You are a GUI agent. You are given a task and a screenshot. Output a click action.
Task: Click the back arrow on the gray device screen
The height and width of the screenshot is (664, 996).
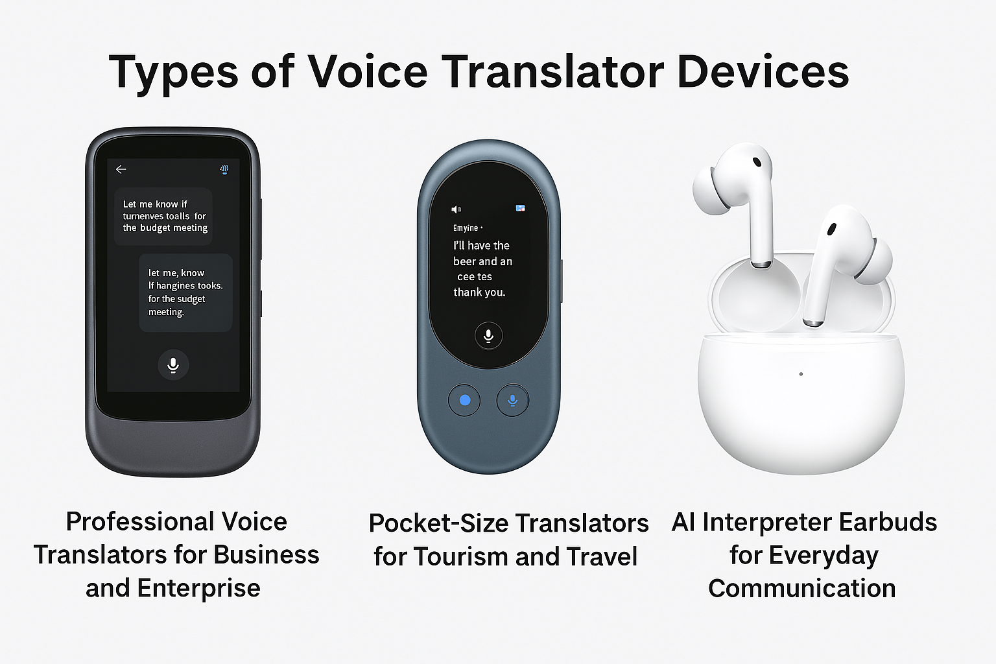(121, 169)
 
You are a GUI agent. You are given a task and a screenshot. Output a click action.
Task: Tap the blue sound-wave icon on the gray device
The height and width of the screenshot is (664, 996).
(224, 169)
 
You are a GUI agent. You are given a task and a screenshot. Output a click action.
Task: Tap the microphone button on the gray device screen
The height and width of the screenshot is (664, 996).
(173, 364)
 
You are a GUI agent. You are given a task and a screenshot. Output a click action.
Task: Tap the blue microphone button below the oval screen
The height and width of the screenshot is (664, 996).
(512, 400)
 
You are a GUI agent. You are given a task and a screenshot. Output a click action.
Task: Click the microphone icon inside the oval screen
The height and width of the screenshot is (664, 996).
(488, 335)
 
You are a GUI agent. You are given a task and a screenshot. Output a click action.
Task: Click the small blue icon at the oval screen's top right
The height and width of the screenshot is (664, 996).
(520, 208)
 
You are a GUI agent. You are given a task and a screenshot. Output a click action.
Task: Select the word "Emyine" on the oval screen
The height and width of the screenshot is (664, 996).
(466, 228)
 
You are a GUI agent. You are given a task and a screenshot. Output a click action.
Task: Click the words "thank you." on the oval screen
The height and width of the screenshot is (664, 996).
(479, 292)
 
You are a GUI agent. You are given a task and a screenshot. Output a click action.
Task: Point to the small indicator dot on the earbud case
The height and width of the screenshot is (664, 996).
(801, 374)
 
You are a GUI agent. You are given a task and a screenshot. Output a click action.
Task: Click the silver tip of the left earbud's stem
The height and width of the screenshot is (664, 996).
(761, 265)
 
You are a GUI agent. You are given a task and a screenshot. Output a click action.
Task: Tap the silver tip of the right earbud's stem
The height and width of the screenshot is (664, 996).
(813, 322)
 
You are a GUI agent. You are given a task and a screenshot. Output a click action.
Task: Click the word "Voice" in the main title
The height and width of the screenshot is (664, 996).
(368, 71)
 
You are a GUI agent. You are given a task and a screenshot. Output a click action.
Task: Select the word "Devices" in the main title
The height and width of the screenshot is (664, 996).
(763, 71)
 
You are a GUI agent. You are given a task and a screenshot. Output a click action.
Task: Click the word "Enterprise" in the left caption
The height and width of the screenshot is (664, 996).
(198, 588)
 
